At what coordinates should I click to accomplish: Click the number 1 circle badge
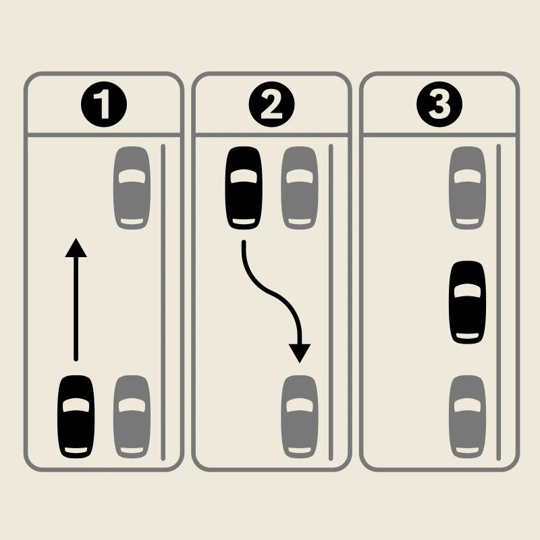tap(103, 106)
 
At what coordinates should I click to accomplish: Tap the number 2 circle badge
tap(271, 106)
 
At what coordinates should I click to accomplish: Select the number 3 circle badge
tap(439, 106)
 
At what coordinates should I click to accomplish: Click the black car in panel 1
tap(76, 416)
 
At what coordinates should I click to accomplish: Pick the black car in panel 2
tap(243, 188)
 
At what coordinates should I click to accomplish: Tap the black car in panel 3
tap(467, 302)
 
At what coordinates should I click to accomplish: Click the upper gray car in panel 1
tap(132, 188)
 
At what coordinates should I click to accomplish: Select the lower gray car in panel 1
tap(132, 416)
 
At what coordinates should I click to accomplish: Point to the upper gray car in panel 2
tap(299, 188)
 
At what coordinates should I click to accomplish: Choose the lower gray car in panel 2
tap(299, 416)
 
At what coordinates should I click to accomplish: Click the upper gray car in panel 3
tap(467, 188)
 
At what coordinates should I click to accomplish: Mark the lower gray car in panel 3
tap(467, 416)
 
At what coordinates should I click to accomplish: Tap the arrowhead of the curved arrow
tap(299, 353)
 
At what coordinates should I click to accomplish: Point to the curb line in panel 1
tap(163, 300)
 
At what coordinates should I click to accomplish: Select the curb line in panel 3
tap(498, 300)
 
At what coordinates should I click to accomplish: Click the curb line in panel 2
tap(330, 300)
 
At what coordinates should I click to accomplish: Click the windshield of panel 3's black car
tap(467, 291)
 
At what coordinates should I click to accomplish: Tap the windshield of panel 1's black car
tap(76, 405)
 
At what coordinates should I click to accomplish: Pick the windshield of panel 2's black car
tap(243, 177)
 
